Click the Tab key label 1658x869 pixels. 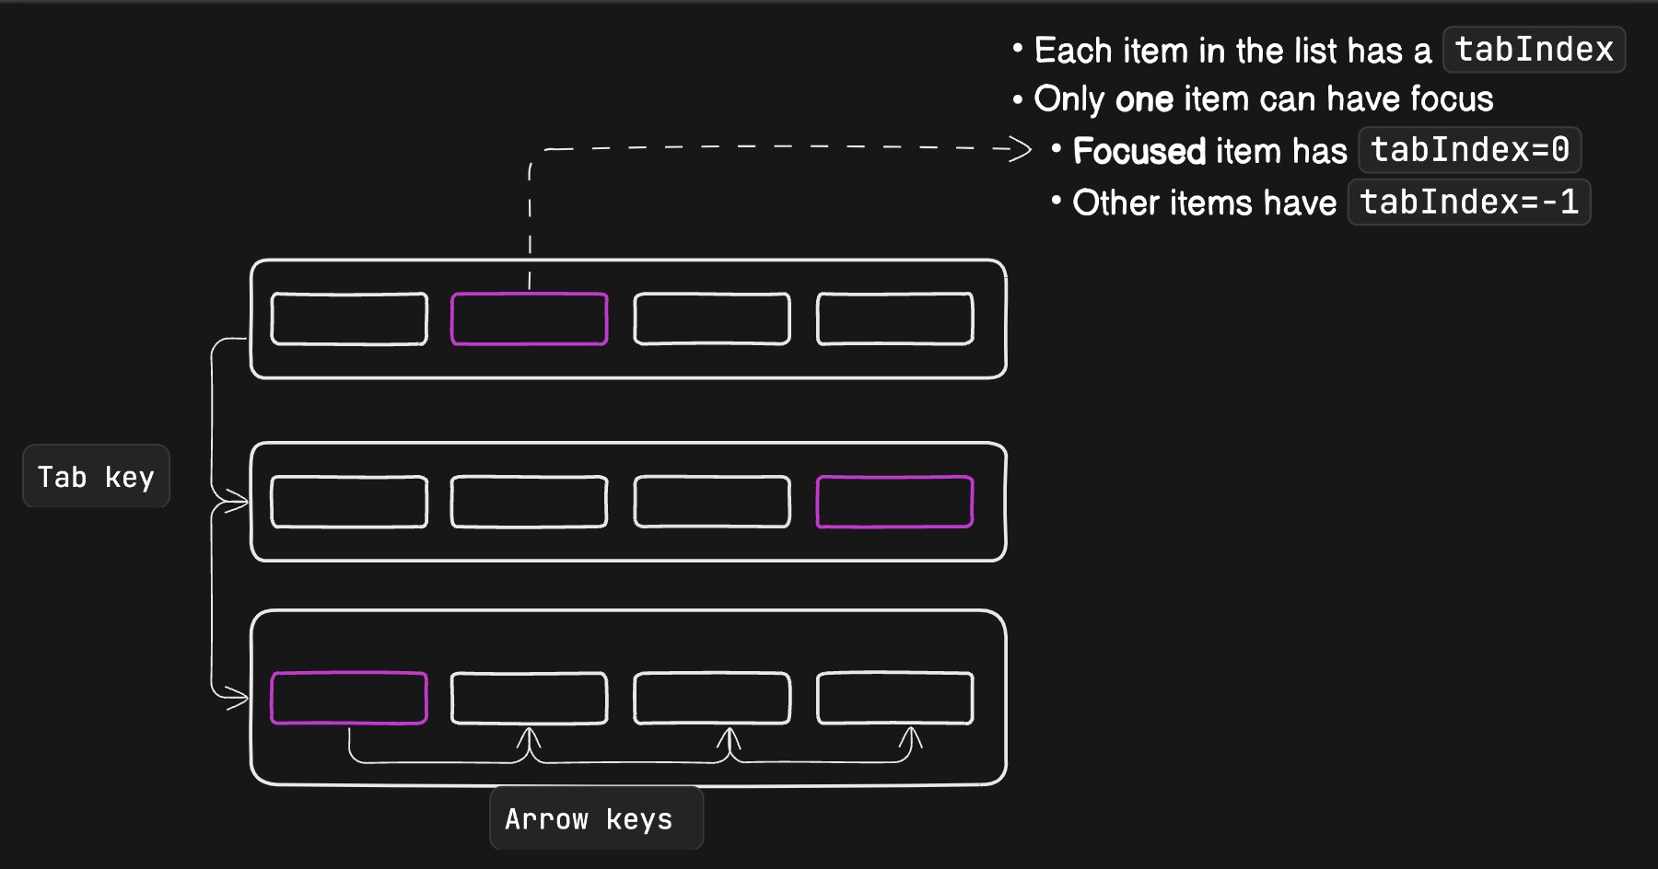click(96, 477)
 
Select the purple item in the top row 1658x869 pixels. click(529, 319)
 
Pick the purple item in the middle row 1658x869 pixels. click(894, 502)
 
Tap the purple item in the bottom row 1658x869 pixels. click(348, 698)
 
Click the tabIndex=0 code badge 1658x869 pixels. click(1469, 150)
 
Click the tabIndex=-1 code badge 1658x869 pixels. click(1468, 203)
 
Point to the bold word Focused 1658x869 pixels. click(1138, 151)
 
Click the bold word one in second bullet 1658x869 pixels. click(1144, 99)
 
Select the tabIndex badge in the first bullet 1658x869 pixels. click(1534, 50)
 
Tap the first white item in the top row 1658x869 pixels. click(348, 319)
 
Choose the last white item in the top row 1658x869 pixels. click(894, 319)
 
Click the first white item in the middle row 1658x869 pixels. click(348, 502)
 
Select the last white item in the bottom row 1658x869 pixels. click(894, 698)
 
